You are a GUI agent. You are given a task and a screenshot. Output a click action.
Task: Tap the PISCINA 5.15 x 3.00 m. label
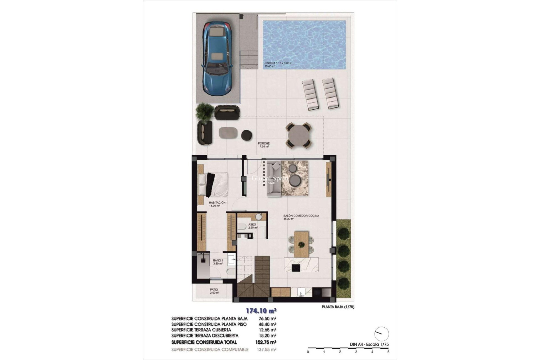click(278, 63)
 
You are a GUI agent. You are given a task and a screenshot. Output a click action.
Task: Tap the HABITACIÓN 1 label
click(218, 202)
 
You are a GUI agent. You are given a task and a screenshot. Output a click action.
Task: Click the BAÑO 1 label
click(218, 260)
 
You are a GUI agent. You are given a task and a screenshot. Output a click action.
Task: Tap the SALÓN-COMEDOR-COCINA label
click(301, 216)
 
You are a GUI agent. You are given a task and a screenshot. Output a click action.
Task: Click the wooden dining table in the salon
click(301, 244)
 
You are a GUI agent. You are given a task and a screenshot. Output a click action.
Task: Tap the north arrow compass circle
click(382, 334)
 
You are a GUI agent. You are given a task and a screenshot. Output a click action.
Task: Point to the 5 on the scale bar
click(388, 352)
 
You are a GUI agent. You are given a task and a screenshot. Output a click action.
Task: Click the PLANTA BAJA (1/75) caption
click(338, 307)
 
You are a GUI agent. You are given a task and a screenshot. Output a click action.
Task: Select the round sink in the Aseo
click(259, 217)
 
